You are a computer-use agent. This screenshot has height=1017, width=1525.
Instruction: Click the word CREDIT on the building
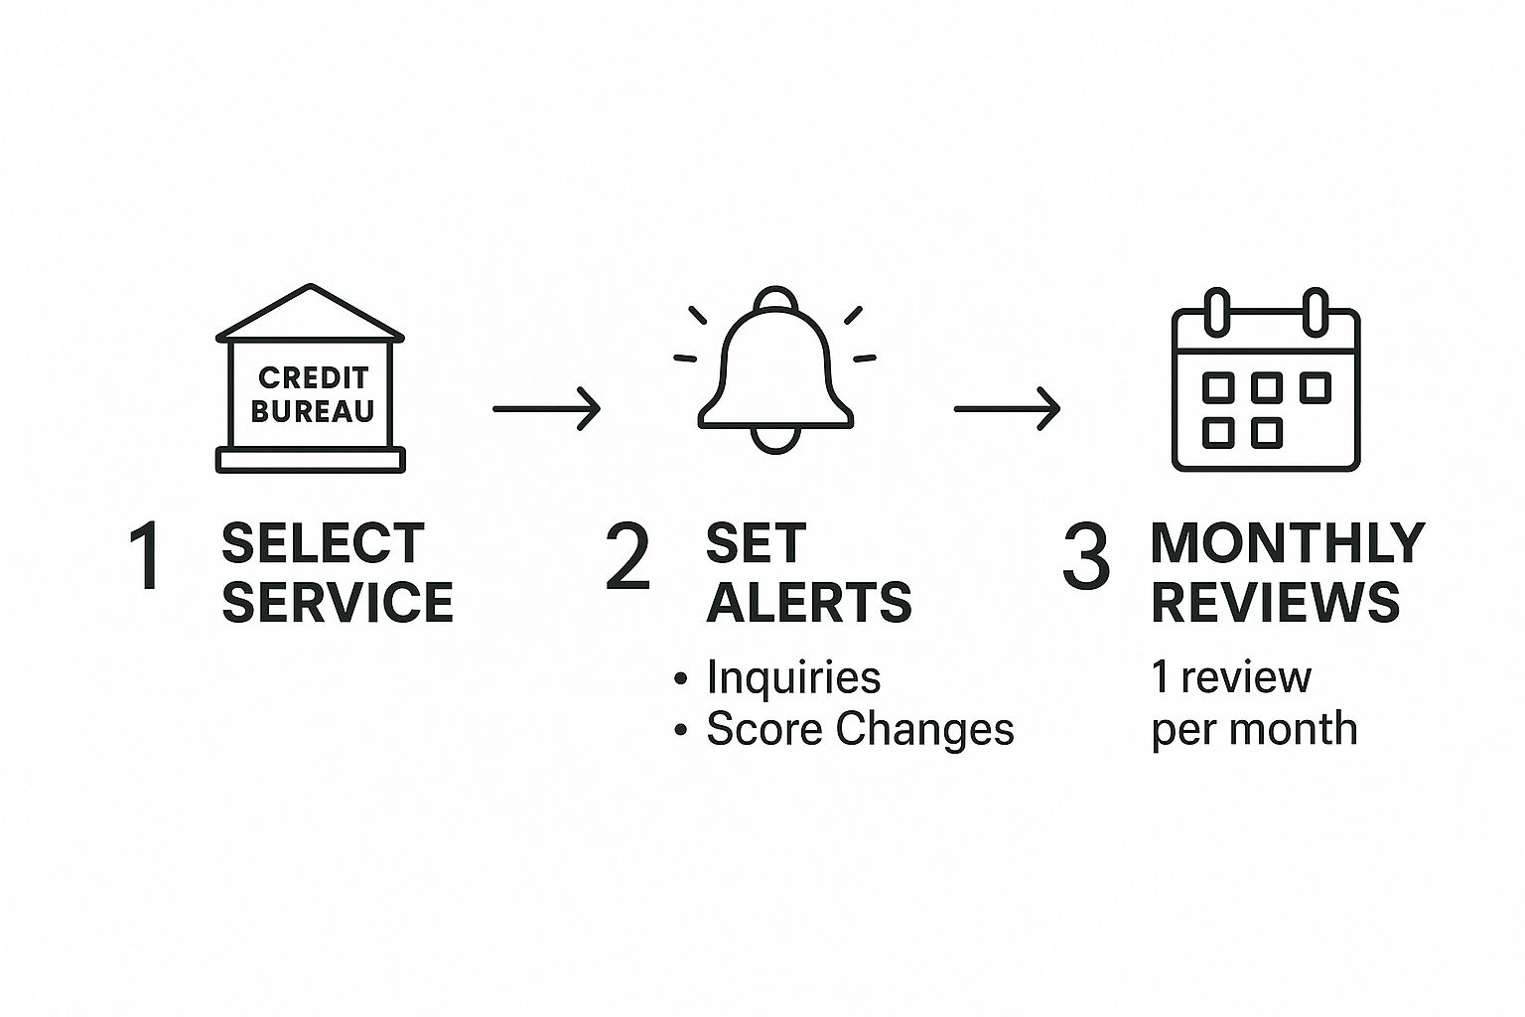[313, 378]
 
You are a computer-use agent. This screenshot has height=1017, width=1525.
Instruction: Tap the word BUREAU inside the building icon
[313, 411]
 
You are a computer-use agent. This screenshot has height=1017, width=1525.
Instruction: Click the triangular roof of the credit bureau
[311, 313]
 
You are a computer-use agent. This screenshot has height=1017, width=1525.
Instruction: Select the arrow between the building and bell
[547, 409]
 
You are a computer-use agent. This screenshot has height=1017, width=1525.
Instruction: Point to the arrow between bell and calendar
[1007, 409]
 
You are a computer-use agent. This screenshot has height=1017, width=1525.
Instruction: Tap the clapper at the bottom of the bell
[775, 441]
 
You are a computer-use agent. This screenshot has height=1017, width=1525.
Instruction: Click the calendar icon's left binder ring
[1217, 312]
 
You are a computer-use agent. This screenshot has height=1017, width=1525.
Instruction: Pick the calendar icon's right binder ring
[1316, 312]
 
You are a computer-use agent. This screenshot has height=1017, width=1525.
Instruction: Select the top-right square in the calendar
[1316, 387]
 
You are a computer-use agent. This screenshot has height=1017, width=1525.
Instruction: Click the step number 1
[146, 556]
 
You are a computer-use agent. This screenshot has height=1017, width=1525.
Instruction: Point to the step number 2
[627, 556]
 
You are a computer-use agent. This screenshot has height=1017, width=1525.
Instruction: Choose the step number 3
[1086, 556]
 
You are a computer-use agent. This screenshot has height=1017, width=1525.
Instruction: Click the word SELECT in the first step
[324, 543]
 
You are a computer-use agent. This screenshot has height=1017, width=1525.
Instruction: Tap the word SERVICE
[338, 602]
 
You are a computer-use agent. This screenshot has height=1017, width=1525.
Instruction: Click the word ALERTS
[809, 602]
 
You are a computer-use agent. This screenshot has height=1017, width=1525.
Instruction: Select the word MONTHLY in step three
[1288, 543]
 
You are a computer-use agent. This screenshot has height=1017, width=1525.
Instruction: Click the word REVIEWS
[1276, 602]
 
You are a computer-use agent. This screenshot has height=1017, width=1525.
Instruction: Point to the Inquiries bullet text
[794, 677]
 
